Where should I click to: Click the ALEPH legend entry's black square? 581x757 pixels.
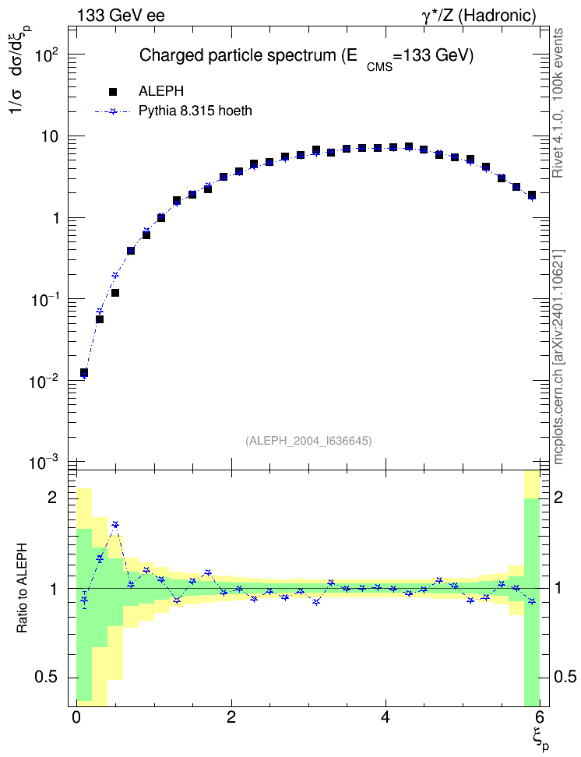[113, 91]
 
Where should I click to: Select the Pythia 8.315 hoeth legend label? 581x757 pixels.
[195, 111]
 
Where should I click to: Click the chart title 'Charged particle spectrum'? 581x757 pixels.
[237, 55]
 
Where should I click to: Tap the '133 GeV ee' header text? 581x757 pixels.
[121, 16]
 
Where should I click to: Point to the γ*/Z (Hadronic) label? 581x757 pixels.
[479, 16]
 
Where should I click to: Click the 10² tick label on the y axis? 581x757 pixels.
[47, 55]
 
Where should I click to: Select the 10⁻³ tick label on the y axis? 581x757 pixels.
[44, 463]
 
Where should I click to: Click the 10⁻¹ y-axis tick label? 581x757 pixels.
[44, 300]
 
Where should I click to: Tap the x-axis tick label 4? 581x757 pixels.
[386, 716]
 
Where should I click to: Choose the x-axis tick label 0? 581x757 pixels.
[76, 716]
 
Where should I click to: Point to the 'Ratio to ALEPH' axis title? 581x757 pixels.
[22, 588]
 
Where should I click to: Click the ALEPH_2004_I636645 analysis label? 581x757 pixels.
[308, 441]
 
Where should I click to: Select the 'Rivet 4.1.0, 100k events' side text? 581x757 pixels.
[558, 104]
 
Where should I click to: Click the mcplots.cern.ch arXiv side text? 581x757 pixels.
[558, 357]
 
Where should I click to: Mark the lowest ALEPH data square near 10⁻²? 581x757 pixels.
[84, 373]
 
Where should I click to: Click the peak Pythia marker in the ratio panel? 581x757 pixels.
[115, 524]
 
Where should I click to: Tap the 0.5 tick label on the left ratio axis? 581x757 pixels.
[46, 678]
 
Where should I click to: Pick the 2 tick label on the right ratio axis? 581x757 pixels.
[558, 497]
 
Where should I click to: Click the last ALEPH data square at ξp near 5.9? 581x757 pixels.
[532, 195]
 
